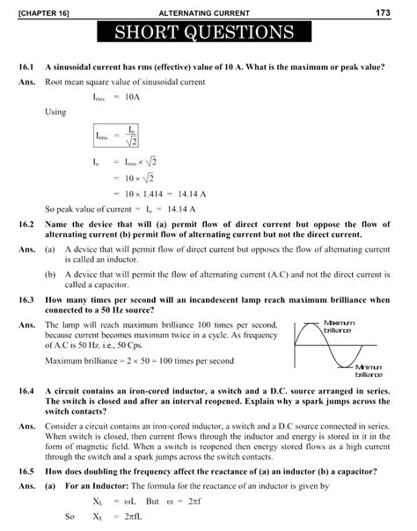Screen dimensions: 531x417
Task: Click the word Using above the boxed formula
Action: click(x=55, y=113)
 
